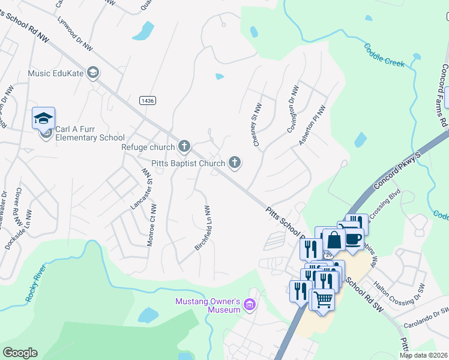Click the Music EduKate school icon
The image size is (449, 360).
pyautogui.click(x=93, y=73)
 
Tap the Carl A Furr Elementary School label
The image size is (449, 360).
pyautogui.click(x=89, y=133)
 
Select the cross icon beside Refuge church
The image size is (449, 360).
pyautogui.click(x=184, y=146)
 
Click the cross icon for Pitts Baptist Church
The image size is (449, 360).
pyautogui.click(x=235, y=163)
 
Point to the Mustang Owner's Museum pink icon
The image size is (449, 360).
pyautogui.click(x=250, y=307)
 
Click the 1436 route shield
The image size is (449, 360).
pyautogui.click(x=148, y=100)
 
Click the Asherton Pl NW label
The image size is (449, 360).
pyautogui.click(x=313, y=125)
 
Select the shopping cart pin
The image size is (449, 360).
pyautogui.click(x=322, y=298)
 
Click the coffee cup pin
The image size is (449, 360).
pyautogui.click(x=354, y=238)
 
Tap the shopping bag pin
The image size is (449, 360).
pyautogui.click(x=334, y=239)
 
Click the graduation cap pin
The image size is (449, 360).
pyautogui.click(x=44, y=118)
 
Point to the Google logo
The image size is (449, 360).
pyautogui.click(x=20, y=353)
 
